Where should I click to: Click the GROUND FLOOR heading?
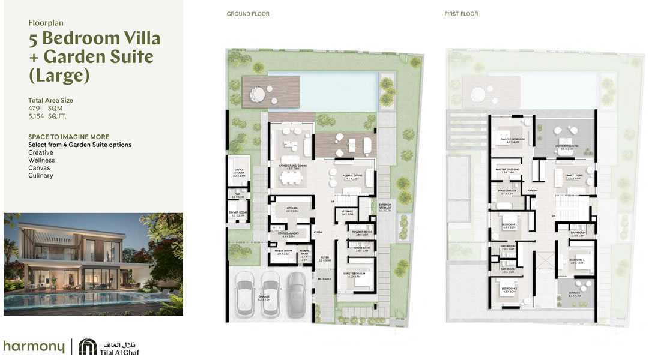tap(248, 14)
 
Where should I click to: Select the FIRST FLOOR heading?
tap(461, 14)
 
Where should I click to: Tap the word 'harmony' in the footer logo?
tap(34, 347)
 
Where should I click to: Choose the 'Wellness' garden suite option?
tap(41, 160)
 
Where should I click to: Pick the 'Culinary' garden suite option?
tap(41, 176)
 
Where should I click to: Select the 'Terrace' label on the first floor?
tap(575, 295)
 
